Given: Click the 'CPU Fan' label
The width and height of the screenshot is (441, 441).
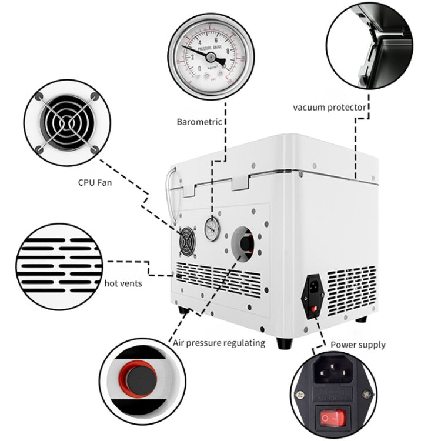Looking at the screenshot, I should (95, 182).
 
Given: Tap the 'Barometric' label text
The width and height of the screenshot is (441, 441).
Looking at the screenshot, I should (199, 122).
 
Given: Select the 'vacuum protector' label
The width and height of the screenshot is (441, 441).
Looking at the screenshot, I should (330, 107).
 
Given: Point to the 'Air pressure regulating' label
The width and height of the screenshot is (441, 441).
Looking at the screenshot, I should (218, 343).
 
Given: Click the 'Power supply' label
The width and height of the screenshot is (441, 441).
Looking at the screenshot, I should (358, 345).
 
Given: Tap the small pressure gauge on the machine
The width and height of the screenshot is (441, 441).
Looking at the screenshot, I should (212, 230).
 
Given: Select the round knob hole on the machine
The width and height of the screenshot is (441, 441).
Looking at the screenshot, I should (246, 242).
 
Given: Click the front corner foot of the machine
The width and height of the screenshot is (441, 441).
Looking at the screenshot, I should (284, 343).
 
